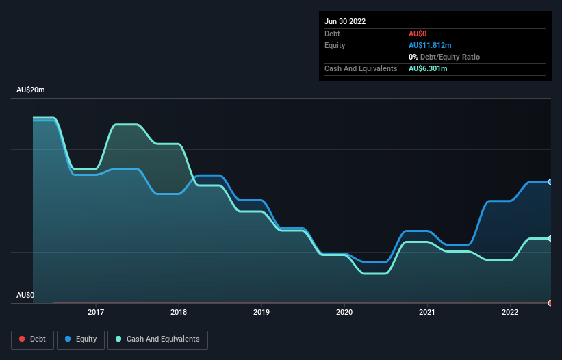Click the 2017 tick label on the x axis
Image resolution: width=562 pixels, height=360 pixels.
(96, 312)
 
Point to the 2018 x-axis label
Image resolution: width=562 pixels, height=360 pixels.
(179, 312)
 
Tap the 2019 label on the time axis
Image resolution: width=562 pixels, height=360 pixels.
(261, 312)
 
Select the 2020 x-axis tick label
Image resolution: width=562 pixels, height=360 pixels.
(344, 312)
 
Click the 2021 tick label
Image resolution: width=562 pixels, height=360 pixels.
(427, 312)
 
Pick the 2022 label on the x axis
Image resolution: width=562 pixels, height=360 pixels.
(510, 312)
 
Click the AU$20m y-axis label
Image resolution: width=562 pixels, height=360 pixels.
(31, 90)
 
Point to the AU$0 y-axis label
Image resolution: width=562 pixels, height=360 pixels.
(25, 295)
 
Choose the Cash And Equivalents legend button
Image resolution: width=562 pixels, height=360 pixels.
(157, 339)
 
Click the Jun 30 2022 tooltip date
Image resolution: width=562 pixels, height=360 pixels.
(345, 21)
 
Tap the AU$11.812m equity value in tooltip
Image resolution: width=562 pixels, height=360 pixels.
(430, 45)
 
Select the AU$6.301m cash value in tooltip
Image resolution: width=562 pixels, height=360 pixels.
(428, 68)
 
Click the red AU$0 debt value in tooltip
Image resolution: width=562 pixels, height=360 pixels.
(418, 34)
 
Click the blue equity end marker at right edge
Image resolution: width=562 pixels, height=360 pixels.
(550, 182)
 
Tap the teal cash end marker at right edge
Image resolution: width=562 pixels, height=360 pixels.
(550, 238)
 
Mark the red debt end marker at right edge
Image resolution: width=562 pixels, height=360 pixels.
(550, 303)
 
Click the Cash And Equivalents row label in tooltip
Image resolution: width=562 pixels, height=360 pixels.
(361, 68)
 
